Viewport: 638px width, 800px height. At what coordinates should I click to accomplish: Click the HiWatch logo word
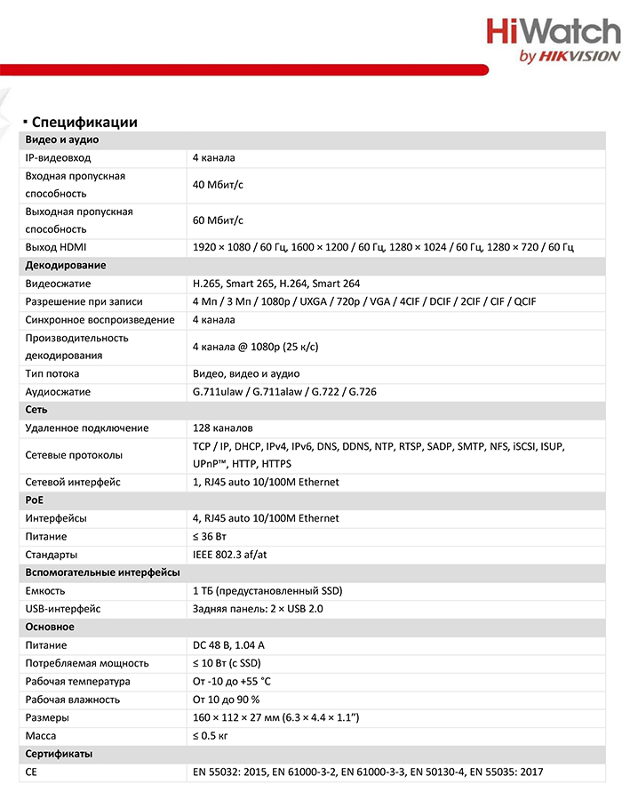(x=553, y=32)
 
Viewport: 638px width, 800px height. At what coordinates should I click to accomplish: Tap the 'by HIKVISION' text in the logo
(x=568, y=56)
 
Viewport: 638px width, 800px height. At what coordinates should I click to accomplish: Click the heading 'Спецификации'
(x=83, y=122)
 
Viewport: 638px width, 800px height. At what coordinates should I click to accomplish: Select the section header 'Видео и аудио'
(x=62, y=140)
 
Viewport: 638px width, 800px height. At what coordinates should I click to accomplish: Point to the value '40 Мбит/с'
(x=218, y=185)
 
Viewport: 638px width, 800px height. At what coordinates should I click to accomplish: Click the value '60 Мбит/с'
(x=218, y=220)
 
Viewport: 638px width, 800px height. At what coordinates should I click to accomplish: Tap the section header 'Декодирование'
(x=66, y=265)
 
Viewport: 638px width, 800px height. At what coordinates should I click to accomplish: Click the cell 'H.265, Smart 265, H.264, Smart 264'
(x=276, y=284)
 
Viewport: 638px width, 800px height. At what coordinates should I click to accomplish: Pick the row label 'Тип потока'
(x=52, y=374)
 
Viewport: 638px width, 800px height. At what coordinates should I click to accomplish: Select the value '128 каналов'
(x=222, y=428)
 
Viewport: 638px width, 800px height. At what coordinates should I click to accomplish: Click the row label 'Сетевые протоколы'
(x=74, y=455)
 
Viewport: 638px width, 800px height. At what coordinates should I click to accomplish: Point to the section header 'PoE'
(x=35, y=500)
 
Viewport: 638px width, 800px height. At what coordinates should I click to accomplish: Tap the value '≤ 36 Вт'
(x=210, y=537)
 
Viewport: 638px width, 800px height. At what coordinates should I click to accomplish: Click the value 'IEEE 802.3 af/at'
(x=230, y=555)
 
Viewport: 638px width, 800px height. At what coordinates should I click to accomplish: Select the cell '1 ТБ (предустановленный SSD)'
(x=267, y=591)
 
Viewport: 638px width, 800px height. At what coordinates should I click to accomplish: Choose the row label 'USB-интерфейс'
(x=63, y=609)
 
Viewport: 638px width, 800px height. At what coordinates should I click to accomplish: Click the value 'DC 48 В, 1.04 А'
(x=228, y=645)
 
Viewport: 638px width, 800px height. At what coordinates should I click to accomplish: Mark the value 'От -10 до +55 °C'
(x=232, y=682)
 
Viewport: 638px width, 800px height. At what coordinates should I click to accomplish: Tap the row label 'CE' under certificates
(x=33, y=772)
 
